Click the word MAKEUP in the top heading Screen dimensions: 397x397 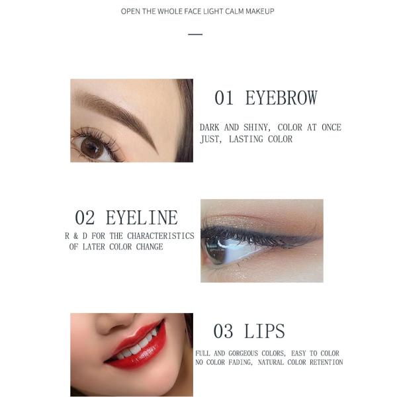pos(260,11)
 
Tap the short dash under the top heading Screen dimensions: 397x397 pos(195,34)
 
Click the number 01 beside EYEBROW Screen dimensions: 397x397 pos(224,98)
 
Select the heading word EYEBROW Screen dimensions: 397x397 pos(281,98)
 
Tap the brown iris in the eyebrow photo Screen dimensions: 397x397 pos(91,148)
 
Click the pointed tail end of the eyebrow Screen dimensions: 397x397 pos(157,154)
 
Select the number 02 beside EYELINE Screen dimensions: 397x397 pos(85,218)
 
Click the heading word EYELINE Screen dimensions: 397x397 pos(142,218)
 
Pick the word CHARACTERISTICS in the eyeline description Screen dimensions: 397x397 pos(161,236)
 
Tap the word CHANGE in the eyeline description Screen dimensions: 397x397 pos(150,247)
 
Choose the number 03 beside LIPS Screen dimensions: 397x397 pos(223,331)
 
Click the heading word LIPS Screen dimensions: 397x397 pos(264,331)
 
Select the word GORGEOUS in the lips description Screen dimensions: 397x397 pos(244,353)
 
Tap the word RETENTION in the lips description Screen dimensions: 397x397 pos(326,363)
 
